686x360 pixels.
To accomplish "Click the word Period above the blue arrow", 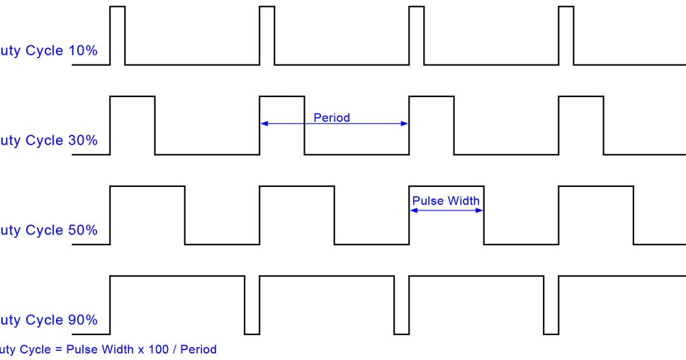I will (x=332, y=118).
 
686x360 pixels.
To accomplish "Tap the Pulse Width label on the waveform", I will (x=446, y=201).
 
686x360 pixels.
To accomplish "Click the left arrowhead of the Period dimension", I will (x=264, y=124).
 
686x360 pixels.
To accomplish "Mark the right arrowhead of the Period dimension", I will (x=405, y=124).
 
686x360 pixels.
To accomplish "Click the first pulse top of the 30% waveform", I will (x=133, y=96).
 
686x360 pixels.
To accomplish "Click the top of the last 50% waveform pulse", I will (x=596, y=186).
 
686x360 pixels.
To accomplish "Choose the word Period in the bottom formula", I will (x=198, y=349).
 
